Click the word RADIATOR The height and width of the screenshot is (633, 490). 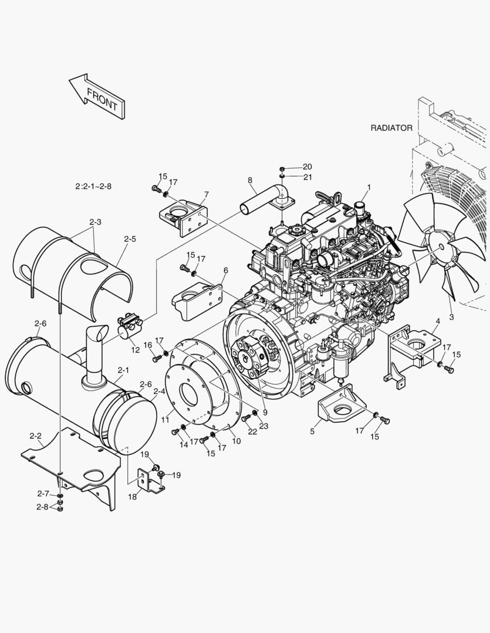tap(391, 127)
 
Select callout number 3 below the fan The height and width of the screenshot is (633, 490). tap(451, 317)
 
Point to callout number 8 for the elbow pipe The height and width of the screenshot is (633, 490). tap(249, 181)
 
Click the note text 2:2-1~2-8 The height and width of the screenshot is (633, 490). tap(93, 186)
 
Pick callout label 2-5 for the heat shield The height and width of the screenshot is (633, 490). tap(130, 239)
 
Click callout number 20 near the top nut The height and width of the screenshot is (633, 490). tap(307, 166)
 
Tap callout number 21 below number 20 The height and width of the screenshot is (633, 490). tap(307, 176)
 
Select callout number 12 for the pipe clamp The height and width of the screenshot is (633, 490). tap(136, 350)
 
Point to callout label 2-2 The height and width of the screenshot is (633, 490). tap(35, 436)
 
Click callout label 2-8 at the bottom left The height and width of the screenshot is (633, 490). tap(42, 506)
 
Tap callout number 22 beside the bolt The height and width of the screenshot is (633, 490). tap(252, 432)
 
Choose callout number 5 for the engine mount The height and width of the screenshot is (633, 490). tap(312, 431)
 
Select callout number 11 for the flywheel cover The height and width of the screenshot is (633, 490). tap(165, 420)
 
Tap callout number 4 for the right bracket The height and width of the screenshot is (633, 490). tap(437, 321)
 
